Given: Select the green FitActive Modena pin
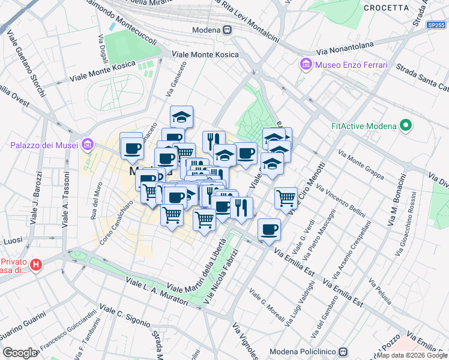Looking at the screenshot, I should tap(406, 126).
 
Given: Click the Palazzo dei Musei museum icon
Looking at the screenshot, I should tap(88, 145).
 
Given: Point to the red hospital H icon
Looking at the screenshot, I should tap(36, 265).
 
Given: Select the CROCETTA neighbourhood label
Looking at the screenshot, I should tap(386, 8).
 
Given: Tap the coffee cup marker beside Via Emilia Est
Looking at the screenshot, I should tap(269, 229).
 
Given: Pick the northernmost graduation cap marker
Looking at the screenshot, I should tap(181, 116).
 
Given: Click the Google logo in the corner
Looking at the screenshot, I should tap(20, 353).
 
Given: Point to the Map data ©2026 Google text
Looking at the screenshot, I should tap(412, 355).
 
